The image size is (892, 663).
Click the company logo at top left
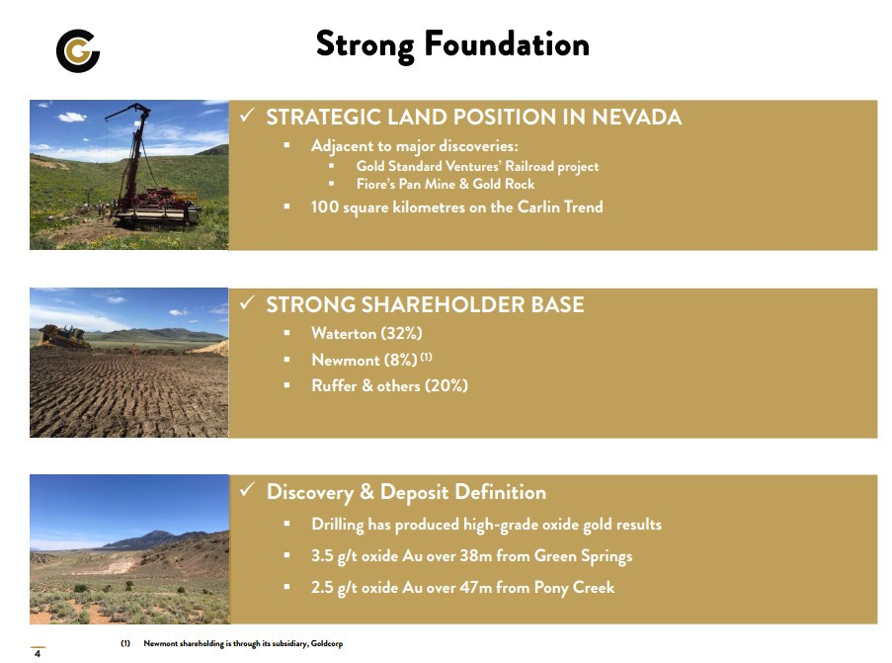[78, 50]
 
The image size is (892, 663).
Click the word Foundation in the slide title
[507, 44]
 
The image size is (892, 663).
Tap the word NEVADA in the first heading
[636, 117]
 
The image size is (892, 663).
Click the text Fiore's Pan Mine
[406, 184]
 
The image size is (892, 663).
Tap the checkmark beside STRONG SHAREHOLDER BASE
[247, 302]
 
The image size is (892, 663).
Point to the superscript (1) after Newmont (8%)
[426, 357]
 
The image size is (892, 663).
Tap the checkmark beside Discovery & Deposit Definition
[247, 489]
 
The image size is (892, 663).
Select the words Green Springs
[583, 555]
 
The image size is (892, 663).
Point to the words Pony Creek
[574, 587]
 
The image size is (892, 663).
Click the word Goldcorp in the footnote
[327, 643]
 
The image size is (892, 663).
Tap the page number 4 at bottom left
[38, 654]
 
